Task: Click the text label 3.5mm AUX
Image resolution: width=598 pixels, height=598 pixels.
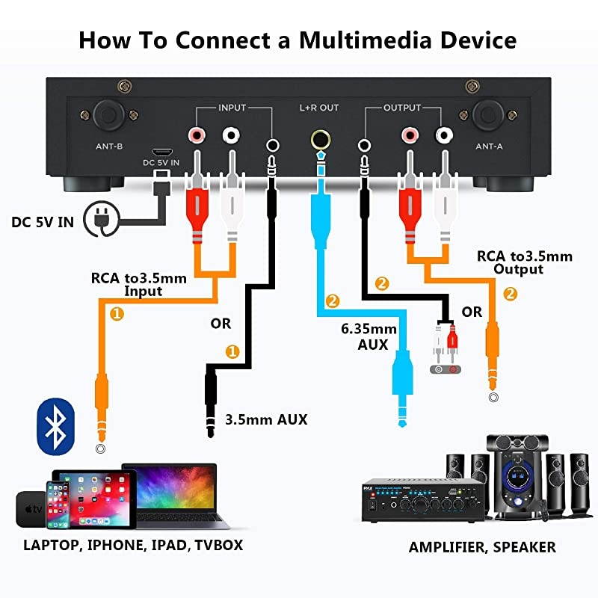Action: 265,419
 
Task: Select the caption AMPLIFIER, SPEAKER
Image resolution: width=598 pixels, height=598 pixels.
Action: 482,547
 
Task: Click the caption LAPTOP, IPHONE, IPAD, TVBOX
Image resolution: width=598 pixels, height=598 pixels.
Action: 133,545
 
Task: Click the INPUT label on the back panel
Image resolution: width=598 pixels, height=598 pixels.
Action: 231,108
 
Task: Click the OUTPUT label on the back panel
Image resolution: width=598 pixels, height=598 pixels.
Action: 402,108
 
